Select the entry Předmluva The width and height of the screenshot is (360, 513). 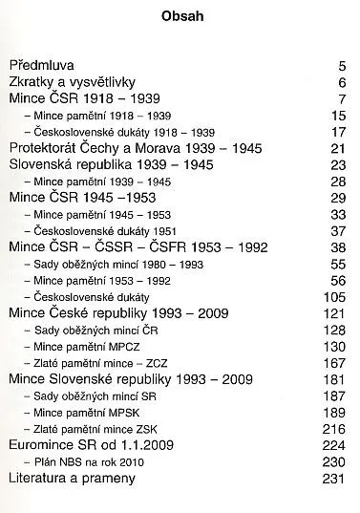(x=43, y=67)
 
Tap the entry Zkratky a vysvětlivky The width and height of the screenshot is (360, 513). (x=73, y=83)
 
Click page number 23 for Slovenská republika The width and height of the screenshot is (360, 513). (x=336, y=164)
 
